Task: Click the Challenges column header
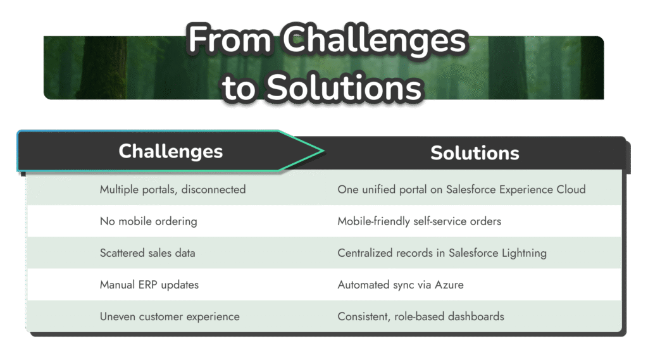(170, 151)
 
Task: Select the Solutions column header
(475, 153)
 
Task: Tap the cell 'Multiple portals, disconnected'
(173, 189)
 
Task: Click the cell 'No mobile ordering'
(148, 221)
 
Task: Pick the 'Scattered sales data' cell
(147, 253)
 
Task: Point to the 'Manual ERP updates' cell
(149, 285)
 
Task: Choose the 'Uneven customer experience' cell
(170, 316)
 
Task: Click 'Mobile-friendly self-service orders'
(419, 221)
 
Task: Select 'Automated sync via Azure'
(401, 285)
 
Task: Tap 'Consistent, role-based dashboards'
(421, 316)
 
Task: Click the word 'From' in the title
(229, 39)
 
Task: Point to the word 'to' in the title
(239, 88)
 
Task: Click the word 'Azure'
(449, 285)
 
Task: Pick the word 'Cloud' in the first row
(571, 189)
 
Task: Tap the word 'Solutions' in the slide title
(344, 88)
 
